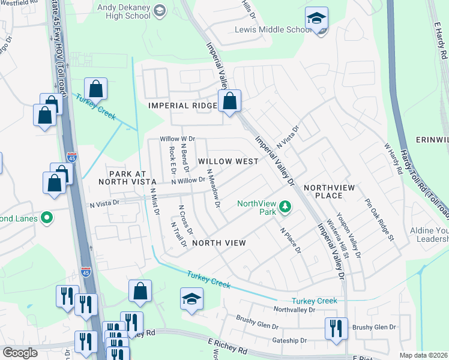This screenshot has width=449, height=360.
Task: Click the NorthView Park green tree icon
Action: tap(286, 208)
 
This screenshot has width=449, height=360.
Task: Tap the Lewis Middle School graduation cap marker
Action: tap(316, 19)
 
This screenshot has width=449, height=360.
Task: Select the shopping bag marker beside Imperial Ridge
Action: tap(229, 102)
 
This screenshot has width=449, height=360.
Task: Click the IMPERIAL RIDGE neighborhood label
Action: tap(182, 106)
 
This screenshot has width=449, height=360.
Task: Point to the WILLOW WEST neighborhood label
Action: tap(228, 161)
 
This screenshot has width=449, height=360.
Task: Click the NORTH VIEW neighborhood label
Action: tap(219, 242)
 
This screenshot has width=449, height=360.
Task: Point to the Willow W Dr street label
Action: tap(178, 139)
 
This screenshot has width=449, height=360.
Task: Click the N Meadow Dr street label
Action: tap(214, 188)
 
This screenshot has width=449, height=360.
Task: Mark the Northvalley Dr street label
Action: tap(294, 310)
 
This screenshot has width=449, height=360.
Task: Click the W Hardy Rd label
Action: tap(393, 158)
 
